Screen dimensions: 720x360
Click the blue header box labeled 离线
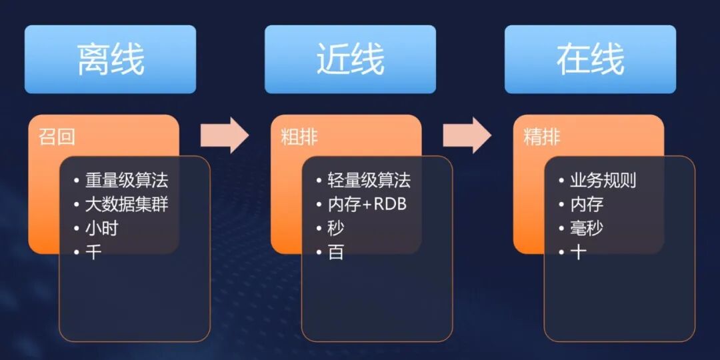110,59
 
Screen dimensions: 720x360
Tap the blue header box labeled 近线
350,59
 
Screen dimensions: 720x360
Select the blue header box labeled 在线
590,59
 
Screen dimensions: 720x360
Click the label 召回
57,138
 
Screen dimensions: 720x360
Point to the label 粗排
299,138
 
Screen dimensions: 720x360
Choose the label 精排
542,138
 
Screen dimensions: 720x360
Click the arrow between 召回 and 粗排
224,135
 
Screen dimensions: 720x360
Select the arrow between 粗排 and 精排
467,135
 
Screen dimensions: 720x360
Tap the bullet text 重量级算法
127,180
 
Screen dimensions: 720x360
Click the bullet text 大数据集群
127,204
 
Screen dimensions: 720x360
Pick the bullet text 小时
102,228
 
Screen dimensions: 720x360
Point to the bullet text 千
94,252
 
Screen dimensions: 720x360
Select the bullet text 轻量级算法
369,180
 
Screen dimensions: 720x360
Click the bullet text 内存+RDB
367,204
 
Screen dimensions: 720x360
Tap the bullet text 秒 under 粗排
336,228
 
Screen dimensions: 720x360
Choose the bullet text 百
336,252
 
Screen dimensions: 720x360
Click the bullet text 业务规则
603,180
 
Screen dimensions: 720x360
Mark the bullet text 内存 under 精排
587,204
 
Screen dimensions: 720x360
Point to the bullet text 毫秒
587,228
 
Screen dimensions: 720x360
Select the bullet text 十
578,252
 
